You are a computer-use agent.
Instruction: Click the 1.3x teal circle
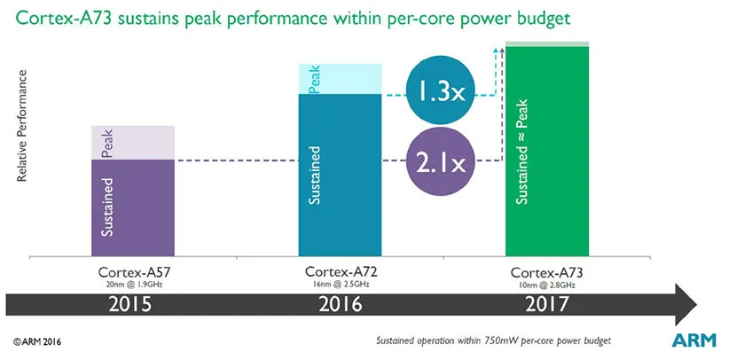point(442,93)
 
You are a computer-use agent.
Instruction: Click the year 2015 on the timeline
point(133,303)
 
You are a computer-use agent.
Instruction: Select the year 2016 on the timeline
point(341,303)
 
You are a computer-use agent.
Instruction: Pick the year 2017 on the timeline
point(547,303)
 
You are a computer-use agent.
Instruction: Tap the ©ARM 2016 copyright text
point(37,341)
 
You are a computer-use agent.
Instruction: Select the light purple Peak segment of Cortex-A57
point(133,142)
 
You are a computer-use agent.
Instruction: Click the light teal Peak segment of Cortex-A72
point(340,78)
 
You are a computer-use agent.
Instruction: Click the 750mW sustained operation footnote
point(494,341)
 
